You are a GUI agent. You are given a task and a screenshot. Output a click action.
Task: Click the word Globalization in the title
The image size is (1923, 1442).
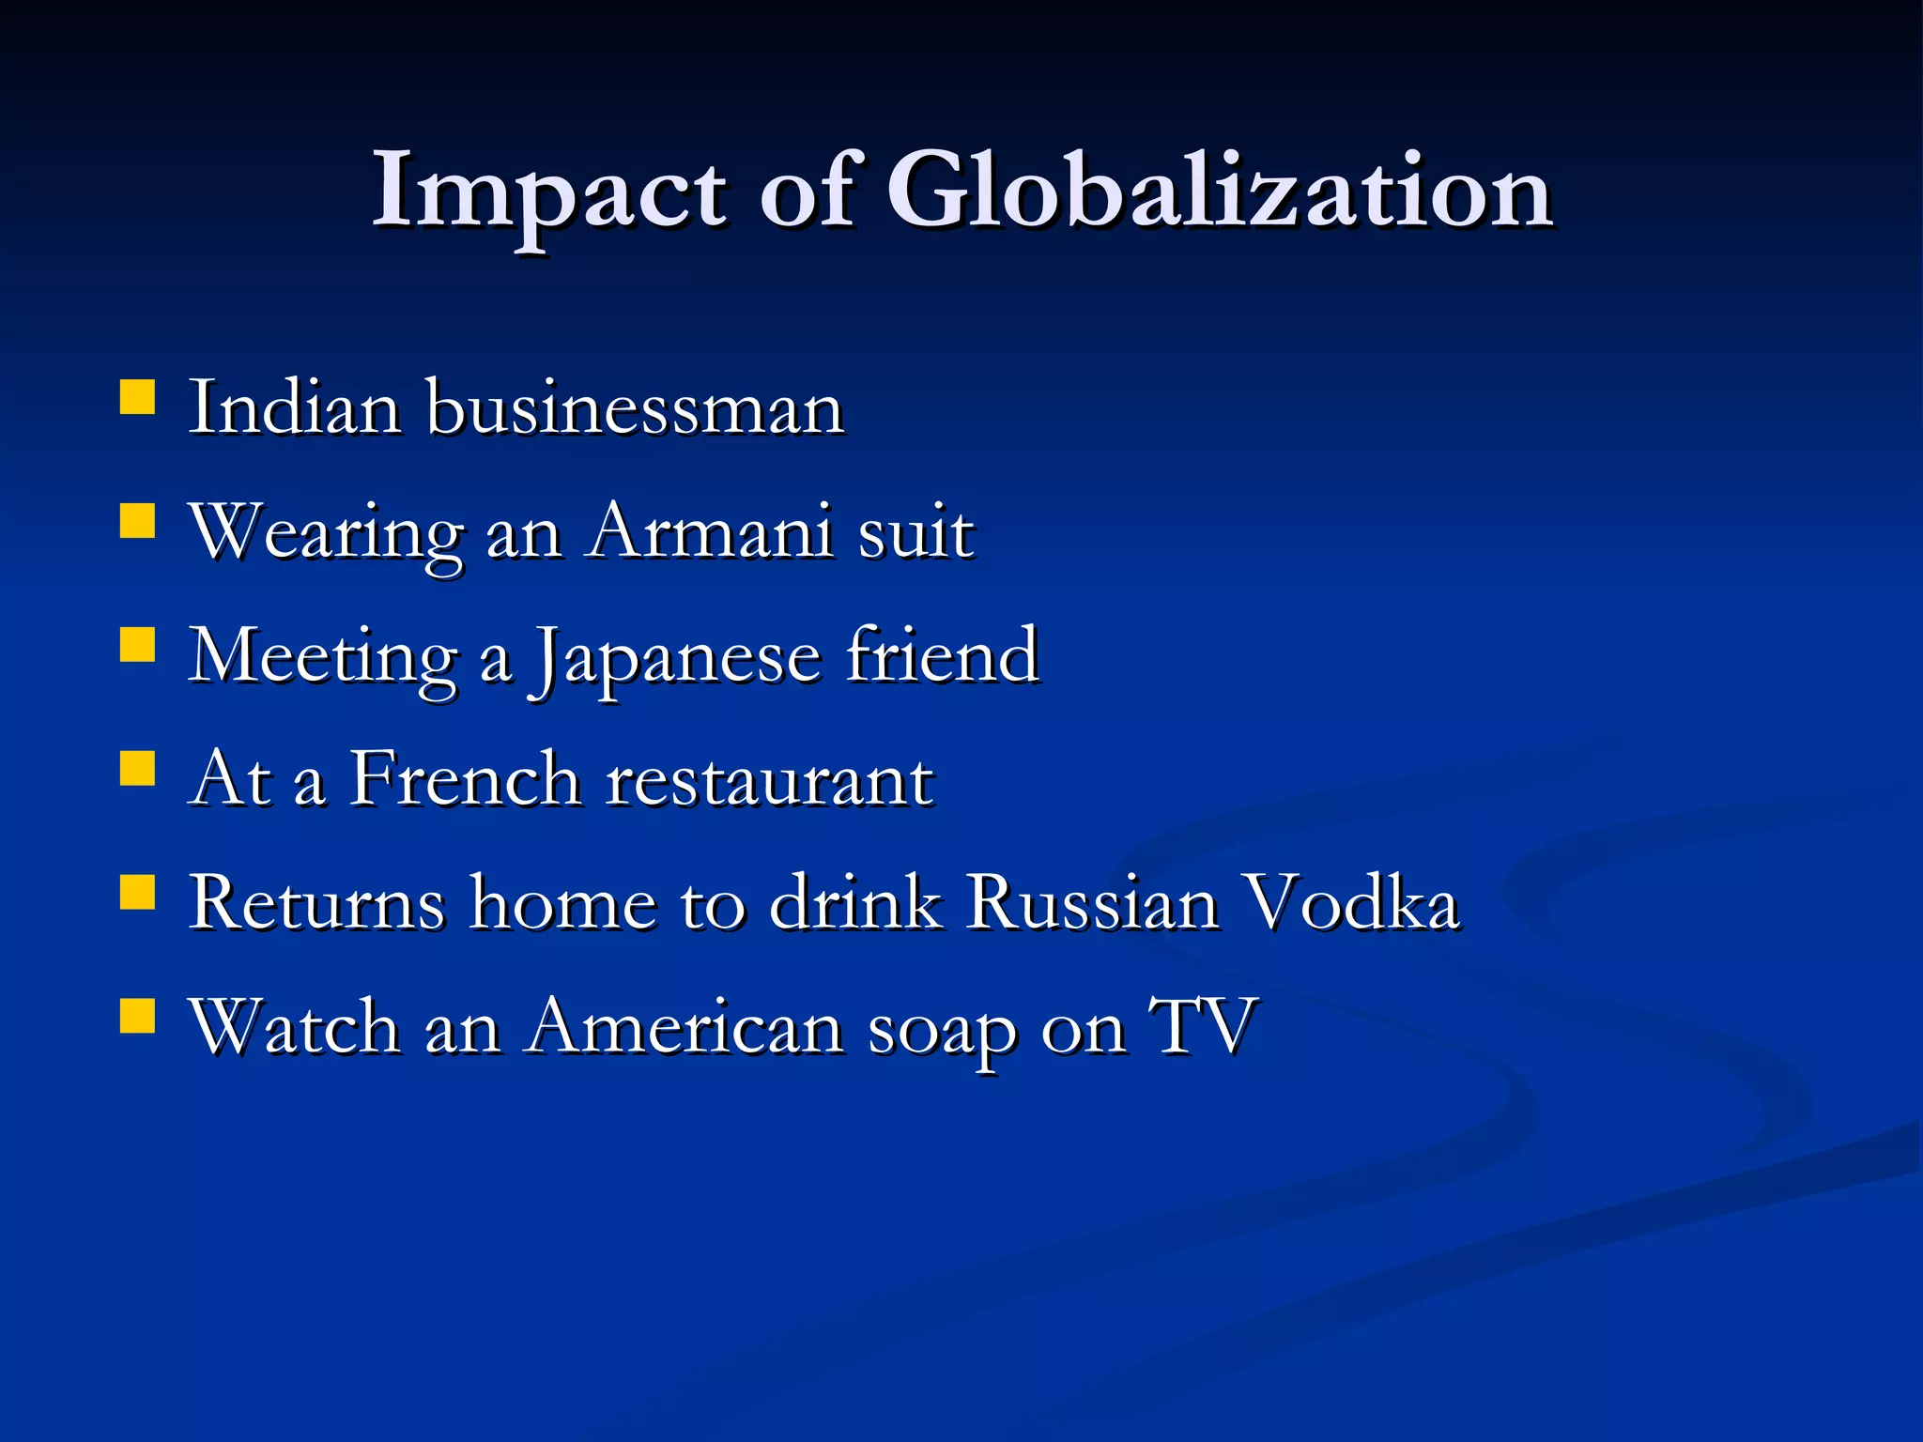pyautogui.click(x=1219, y=192)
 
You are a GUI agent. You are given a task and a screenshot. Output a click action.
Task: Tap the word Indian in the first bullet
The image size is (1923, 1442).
pyautogui.click(x=294, y=409)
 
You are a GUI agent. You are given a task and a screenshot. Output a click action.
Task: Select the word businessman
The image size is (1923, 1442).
pyautogui.click(x=636, y=409)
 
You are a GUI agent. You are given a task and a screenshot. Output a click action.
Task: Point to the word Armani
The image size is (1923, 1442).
pyautogui.click(x=709, y=533)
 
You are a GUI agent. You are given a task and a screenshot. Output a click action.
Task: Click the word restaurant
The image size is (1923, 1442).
pyautogui.click(x=769, y=781)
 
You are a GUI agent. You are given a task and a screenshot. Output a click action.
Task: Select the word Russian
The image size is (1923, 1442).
pyautogui.click(x=1092, y=903)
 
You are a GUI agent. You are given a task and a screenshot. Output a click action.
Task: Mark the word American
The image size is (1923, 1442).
pyautogui.click(x=685, y=1027)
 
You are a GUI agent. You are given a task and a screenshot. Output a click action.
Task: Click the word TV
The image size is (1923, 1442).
pyautogui.click(x=1203, y=1025)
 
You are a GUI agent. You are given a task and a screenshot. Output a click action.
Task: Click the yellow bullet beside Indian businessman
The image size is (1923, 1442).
pyautogui.click(x=137, y=396)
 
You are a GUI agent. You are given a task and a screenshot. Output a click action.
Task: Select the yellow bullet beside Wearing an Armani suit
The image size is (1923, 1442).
pyautogui.click(x=137, y=520)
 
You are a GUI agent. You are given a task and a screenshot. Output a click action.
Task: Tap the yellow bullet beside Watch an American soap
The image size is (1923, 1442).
pyautogui.click(x=137, y=1015)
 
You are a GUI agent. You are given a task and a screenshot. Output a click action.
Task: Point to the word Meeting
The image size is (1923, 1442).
pyautogui.click(x=323, y=657)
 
